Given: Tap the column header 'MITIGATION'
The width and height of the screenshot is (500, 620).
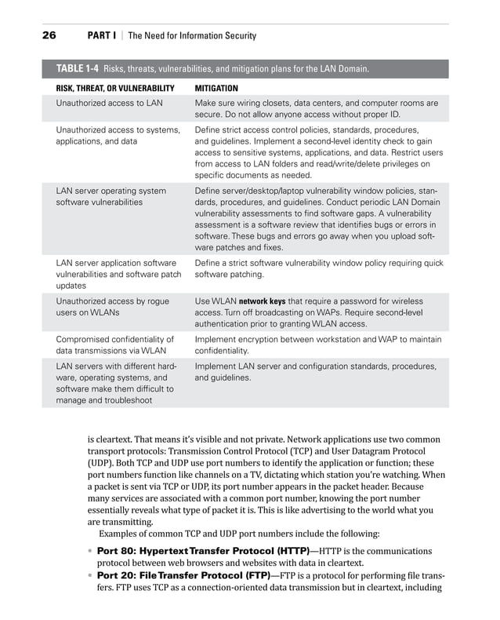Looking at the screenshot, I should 216,89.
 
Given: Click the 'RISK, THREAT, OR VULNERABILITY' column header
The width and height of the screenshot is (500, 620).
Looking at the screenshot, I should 114,89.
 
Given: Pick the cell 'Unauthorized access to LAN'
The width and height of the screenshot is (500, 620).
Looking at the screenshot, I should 109,103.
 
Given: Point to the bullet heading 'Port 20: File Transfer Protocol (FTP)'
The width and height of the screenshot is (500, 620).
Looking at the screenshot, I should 183,576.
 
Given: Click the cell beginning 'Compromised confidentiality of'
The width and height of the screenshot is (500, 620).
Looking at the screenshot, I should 114,345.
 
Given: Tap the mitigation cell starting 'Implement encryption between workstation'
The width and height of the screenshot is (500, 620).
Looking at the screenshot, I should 317,345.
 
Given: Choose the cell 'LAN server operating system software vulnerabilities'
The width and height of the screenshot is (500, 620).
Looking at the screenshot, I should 111,196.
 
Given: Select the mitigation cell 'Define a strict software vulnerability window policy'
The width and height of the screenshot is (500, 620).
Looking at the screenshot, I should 318,268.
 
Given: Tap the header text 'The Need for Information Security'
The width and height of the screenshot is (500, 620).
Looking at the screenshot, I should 192,35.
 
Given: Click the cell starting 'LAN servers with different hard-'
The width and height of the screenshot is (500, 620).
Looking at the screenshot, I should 115,384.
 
